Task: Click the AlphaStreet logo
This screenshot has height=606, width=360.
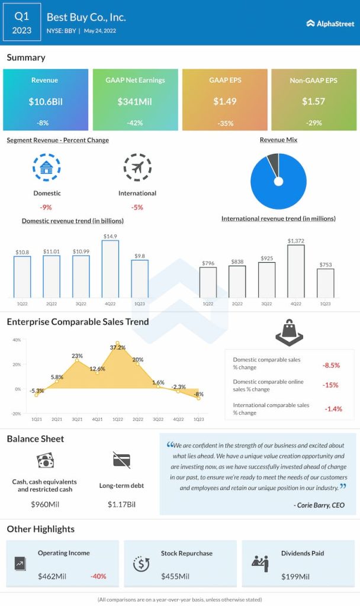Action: click(330, 23)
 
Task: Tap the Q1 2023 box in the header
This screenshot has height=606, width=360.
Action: click(22, 22)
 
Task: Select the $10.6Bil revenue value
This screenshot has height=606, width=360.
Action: click(46, 101)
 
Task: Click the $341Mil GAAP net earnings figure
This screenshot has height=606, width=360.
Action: click(135, 101)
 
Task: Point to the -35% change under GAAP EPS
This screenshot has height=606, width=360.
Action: click(224, 123)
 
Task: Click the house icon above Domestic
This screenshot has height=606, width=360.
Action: click(47, 167)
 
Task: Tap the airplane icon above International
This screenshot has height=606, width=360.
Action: click(137, 167)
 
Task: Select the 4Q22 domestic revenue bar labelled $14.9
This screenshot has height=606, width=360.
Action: click(110, 269)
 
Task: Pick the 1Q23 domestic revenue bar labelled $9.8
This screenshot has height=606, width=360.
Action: click(140, 278)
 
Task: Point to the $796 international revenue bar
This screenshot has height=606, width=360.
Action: click(208, 282)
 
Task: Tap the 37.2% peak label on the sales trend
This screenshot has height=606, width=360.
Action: click(118, 347)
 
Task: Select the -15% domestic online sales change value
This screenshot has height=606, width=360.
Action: click(331, 385)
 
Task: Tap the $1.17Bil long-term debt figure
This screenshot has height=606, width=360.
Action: click(121, 504)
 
